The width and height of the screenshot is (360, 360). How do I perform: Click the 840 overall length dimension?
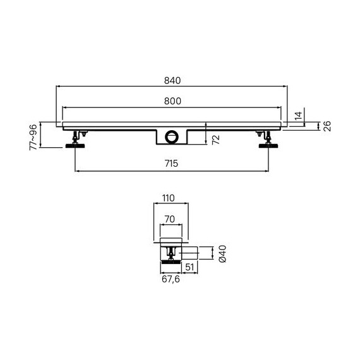click(x=172, y=81)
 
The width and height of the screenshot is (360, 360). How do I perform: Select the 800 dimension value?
click(x=172, y=101)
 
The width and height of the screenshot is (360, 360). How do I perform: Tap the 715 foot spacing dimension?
click(x=172, y=164)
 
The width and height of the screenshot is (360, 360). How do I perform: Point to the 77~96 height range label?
click(x=33, y=137)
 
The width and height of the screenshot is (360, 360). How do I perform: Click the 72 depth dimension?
click(x=216, y=140)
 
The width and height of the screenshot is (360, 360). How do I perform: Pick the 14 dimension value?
click(x=298, y=116)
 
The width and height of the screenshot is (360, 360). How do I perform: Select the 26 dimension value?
click(x=327, y=126)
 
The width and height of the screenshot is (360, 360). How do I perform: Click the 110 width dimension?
click(x=169, y=198)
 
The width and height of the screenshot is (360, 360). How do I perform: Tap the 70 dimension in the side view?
click(x=170, y=219)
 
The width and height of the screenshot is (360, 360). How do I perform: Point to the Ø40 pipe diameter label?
click(x=222, y=254)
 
